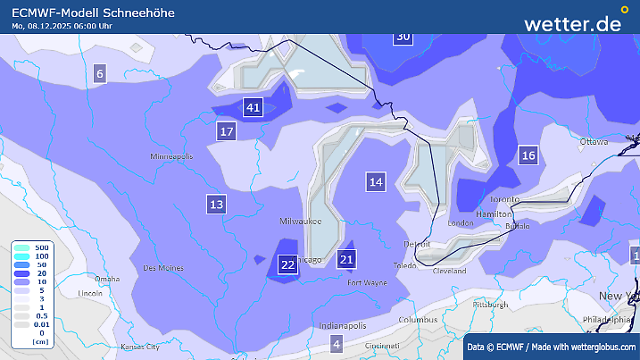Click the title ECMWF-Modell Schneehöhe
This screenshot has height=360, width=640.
coord(94,13)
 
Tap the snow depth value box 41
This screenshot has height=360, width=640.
coord(254,108)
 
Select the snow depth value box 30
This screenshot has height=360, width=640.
coord(403,36)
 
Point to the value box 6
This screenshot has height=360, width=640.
coord(99,74)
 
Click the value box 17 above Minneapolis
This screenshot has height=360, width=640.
coord(227,132)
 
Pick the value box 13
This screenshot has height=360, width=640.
coord(216,204)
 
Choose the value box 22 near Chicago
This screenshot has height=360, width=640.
coord(287,264)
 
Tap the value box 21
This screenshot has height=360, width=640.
coord(347,260)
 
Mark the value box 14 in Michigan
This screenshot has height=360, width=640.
coord(376,182)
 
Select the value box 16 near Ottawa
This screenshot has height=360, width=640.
coord(528,155)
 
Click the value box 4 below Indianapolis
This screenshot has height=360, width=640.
coord(337,344)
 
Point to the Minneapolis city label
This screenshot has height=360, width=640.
coord(171,156)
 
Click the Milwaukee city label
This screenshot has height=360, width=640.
coord(300,220)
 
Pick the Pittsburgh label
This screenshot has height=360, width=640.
coord(490,304)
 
